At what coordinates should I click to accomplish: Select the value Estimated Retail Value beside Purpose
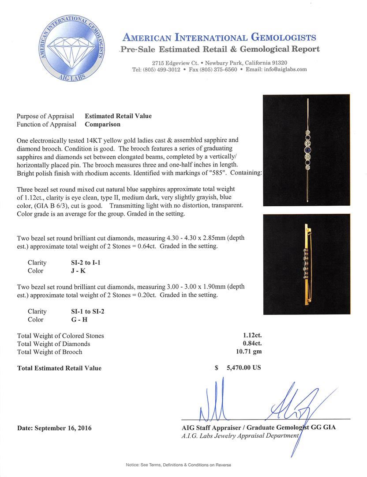pos(118,116)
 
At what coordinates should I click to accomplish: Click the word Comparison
pos(103,125)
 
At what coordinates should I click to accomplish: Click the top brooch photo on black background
pos(306,150)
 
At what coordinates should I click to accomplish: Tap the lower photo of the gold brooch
pos(306,264)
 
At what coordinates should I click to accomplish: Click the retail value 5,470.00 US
pos(243,367)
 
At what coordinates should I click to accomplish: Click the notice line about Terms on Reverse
pos(178,465)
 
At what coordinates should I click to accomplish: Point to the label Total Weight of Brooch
pos(49,352)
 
